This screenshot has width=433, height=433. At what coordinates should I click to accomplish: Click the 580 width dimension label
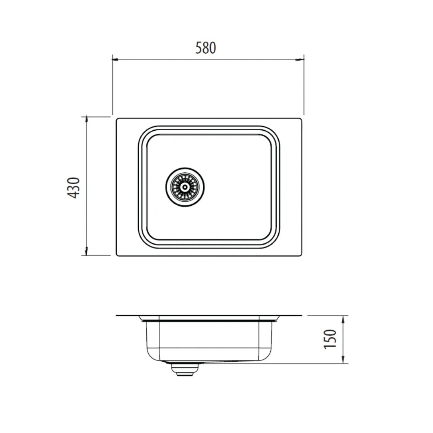tap(206, 48)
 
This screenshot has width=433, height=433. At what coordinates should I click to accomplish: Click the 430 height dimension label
tap(75, 186)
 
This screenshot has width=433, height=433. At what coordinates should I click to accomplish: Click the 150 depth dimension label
tap(330, 339)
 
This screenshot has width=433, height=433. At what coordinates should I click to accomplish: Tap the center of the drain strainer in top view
tap(185, 186)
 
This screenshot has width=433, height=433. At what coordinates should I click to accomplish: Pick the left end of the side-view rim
tap(117, 316)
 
